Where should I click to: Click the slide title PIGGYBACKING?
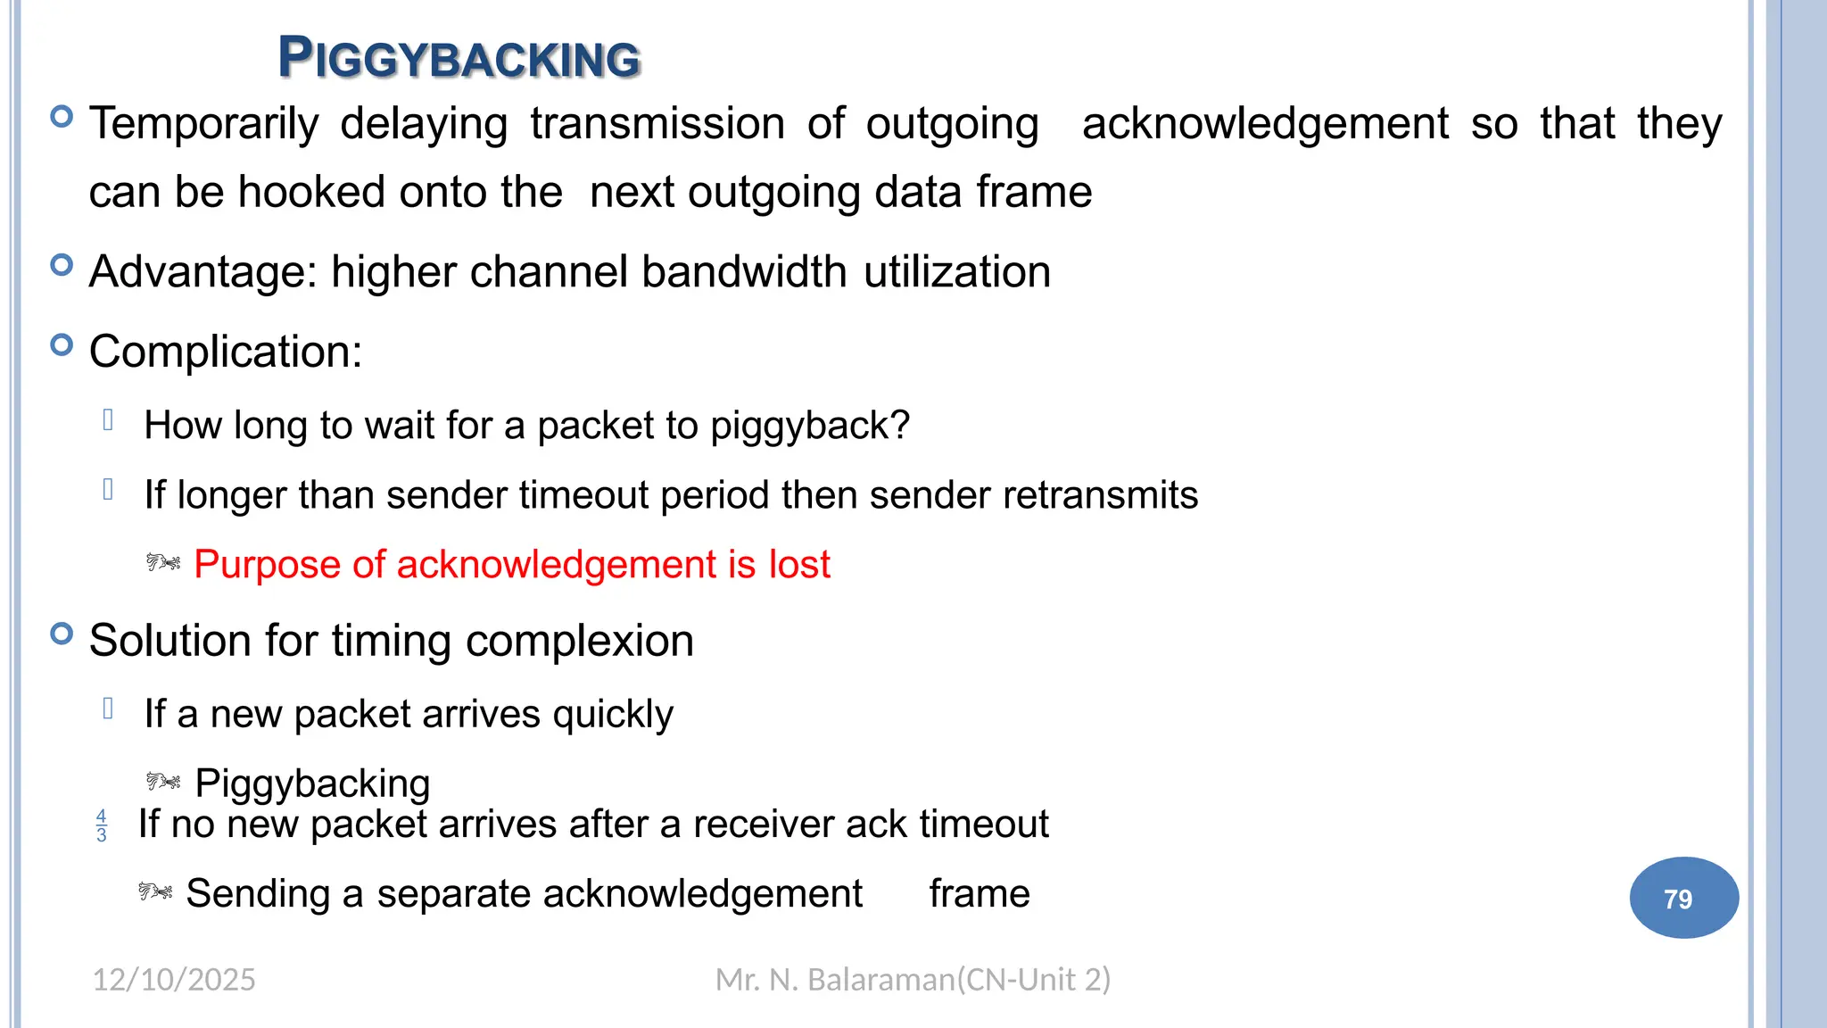tap(459, 58)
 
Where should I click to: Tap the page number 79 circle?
tap(1682, 898)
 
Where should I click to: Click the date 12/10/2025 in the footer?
tap(174, 980)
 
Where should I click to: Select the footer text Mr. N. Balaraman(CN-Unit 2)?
tap(913, 980)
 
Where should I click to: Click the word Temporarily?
tap(204, 124)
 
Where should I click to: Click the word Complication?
tap(226, 352)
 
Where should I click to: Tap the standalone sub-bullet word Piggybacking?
tap(312, 783)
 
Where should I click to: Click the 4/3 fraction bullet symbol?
tap(102, 825)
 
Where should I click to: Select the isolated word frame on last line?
tap(979, 894)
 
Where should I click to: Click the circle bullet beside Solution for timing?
tap(62, 634)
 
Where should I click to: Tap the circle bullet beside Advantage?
tap(62, 265)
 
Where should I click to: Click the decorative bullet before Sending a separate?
tap(155, 891)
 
